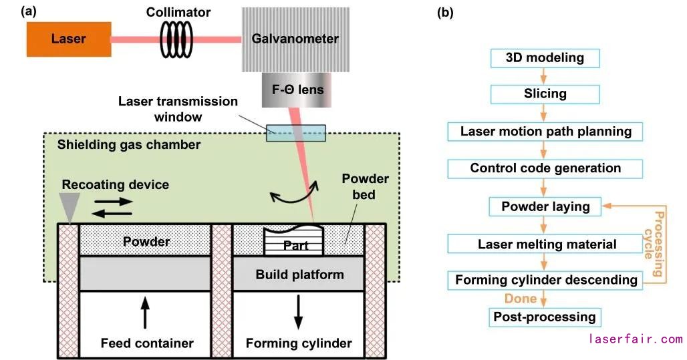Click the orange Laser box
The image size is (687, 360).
pyautogui.click(x=68, y=39)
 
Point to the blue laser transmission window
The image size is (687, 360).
pyautogui.click(x=296, y=132)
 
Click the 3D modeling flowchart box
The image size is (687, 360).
pyautogui.click(x=545, y=58)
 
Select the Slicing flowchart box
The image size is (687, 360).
pyautogui.click(x=545, y=94)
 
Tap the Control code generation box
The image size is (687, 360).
pyautogui.click(x=545, y=168)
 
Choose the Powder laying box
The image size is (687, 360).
pyautogui.click(x=545, y=206)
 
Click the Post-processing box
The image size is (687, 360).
pyautogui.click(x=545, y=317)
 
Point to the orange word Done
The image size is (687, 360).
pyautogui.click(x=521, y=299)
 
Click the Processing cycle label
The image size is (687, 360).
pyautogui.click(x=658, y=244)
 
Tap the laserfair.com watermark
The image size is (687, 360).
pyautogui.click(x=636, y=339)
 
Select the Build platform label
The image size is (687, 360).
pyautogui.click(x=299, y=275)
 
